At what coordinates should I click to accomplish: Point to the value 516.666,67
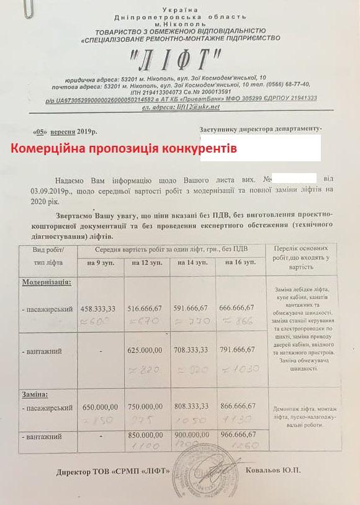(x=147, y=307)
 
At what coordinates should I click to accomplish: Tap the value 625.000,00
(x=147, y=351)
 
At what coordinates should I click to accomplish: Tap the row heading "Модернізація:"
(x=47, y=282)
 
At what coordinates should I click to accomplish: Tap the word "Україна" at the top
(x=180, y=9)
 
